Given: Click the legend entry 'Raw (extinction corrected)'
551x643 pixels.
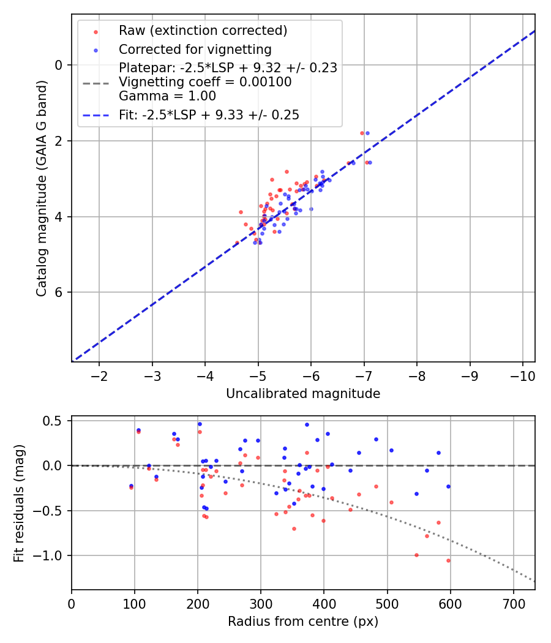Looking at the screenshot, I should (x=203, y=31).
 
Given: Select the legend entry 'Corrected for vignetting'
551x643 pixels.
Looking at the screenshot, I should (x=195, y=49).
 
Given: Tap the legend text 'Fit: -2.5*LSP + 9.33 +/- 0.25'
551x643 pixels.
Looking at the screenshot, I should (x=209, y=115).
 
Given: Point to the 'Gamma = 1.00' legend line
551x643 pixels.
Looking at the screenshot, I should (x=167, y=96).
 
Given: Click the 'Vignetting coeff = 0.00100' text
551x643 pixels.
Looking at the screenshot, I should (x=205, y=82).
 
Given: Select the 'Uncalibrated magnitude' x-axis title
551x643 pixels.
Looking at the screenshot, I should (x=303, y=394).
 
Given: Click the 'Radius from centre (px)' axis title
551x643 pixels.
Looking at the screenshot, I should (x=303, y=622).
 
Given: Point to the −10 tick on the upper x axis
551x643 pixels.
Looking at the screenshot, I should (x=522, y=374).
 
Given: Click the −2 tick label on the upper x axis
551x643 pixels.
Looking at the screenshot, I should (x=99, y=374).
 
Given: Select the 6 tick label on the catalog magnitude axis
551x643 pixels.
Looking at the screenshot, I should (x=59, y=292).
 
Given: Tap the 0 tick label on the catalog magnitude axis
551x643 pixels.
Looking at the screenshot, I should (x=59, y=65).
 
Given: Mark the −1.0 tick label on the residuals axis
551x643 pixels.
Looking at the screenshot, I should (x=51, y=555).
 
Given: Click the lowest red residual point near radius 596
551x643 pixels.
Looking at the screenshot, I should (x=448, y=560).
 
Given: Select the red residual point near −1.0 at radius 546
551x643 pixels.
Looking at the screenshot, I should (x=416, y=555).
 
